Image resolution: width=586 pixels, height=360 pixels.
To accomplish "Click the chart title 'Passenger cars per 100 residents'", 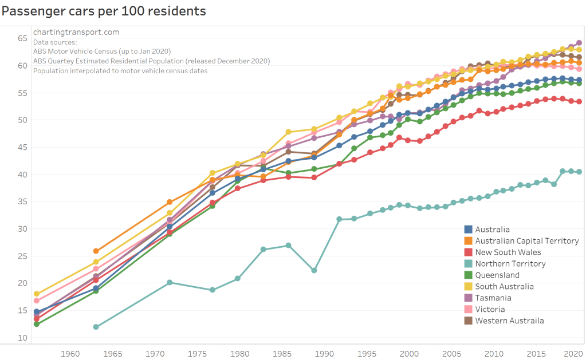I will coord(104,11).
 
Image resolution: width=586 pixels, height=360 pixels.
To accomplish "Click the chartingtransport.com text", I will coord(76,32).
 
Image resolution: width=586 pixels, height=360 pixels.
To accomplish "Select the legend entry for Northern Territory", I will coord(510,264).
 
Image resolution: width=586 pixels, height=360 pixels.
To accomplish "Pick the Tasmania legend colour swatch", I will coord(468,298).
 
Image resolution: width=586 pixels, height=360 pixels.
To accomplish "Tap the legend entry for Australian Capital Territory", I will coord(526,241).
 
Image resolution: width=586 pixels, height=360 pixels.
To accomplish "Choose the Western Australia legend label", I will coord(509,321).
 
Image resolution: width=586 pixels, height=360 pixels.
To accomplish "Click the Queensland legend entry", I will coord(497,275).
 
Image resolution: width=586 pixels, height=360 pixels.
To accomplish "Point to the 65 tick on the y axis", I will coord(22,38).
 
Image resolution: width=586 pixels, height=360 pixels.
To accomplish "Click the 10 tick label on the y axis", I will coord(22,338).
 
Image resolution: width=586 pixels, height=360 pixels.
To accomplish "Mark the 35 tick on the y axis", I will coord(22,201).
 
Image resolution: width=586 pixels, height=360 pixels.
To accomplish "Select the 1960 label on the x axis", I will coord(70,353).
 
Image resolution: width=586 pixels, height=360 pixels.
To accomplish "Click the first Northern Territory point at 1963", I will coord(96,327).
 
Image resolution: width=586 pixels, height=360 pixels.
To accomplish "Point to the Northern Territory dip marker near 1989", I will coord(314,270).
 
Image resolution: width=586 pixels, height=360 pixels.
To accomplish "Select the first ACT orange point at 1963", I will coord(96,251).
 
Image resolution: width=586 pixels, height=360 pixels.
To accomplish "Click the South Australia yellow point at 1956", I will coord(37,294).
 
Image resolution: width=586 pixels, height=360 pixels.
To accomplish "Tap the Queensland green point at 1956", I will coord(37,324).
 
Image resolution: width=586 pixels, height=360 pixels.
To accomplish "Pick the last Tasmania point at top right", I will coord(579,42).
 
